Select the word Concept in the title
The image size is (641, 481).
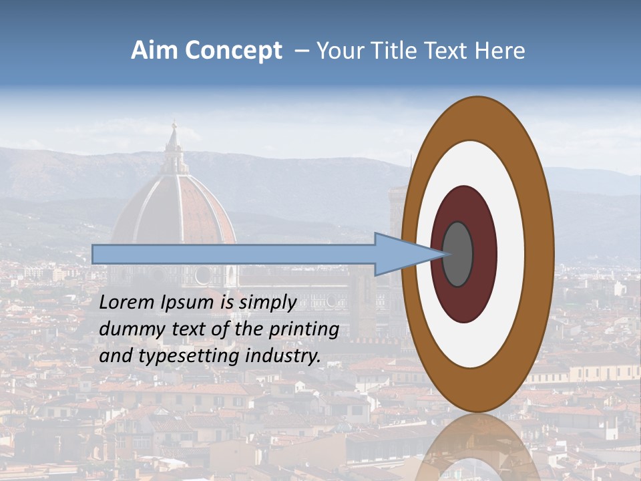234,51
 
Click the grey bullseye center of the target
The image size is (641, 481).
458,254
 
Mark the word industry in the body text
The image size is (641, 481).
283,357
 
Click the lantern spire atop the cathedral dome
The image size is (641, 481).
174,144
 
